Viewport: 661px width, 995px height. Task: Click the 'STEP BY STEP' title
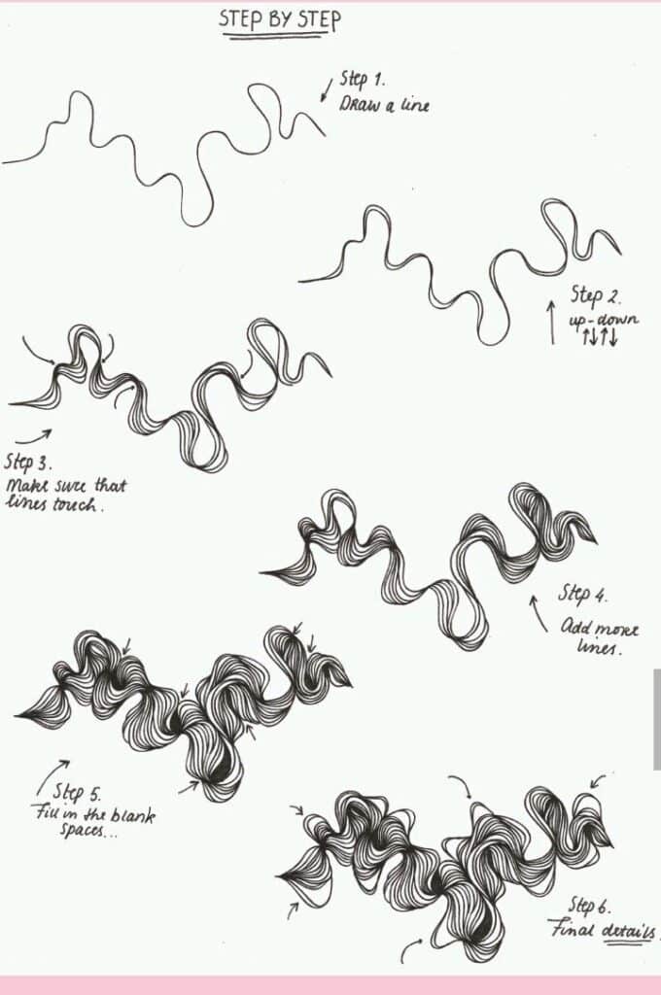click(x=280, y=19)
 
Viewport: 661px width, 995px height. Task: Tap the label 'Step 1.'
click(x=363, y=81)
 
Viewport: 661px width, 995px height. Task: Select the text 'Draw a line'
click(x=383, y=105)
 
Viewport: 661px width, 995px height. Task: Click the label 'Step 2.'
click(x=595, y=294)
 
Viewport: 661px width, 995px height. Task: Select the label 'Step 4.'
click(x=583, y=594)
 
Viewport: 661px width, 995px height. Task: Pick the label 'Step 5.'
click(x=77, y=792)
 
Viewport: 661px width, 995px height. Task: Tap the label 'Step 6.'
click(x=588, y=906)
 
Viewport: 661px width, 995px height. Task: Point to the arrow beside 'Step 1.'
click(x=327, y=89)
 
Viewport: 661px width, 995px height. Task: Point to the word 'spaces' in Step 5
click(x=87, y=833)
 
